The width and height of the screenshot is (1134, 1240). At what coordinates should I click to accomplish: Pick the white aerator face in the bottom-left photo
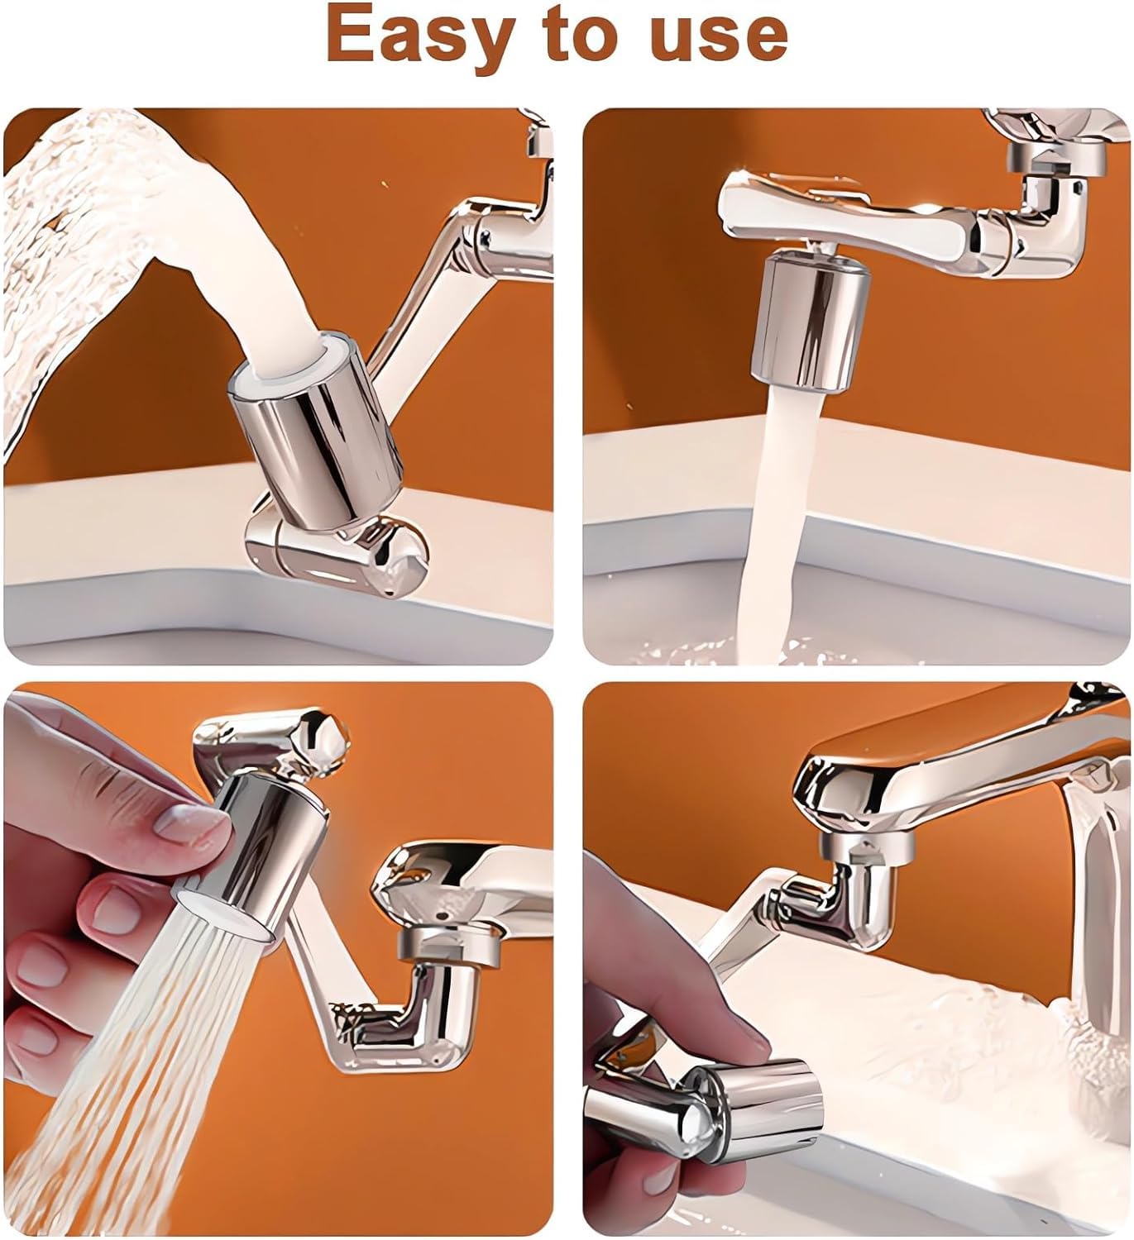coord(226,915)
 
